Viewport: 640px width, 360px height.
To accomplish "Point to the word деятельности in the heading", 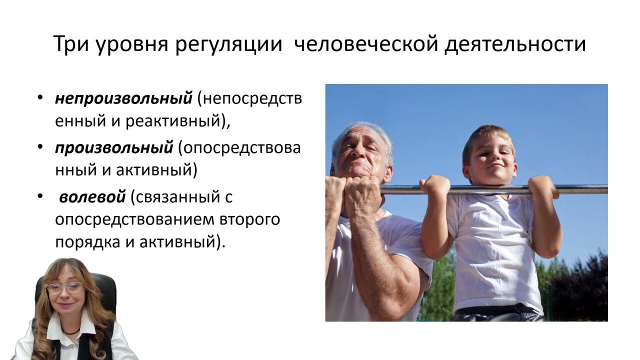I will coord(515,44).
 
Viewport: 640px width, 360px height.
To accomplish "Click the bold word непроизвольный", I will coord(123,98).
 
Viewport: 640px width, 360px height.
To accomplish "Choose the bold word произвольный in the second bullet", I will coord(113,148).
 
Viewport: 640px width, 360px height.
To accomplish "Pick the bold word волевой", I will coord(92,197).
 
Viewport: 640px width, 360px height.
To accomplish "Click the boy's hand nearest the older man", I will coord(434,186).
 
